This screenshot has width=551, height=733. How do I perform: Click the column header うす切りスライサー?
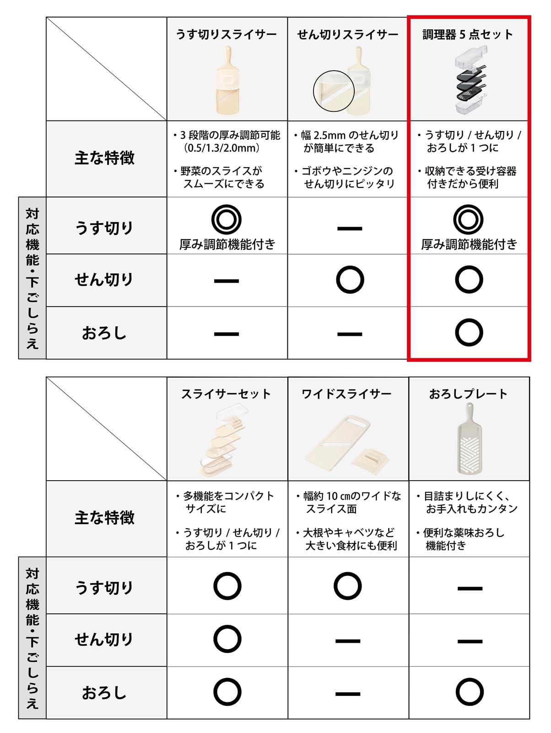[x=227, y=35]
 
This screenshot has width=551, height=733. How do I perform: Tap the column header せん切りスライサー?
[x=347, y=35]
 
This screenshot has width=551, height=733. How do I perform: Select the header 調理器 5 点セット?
[x=468, y=35]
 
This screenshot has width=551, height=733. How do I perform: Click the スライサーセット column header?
[x=226, y=394]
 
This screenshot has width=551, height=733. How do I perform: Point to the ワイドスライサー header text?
[x=346, y=394]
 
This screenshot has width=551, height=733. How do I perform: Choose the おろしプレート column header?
[x=468, y=394]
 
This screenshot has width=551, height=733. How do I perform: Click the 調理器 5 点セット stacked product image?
[x=471, y=81]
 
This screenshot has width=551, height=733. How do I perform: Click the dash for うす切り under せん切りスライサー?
[x=350, y=229]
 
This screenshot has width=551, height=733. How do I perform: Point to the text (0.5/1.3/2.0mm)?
[x=221, y=148]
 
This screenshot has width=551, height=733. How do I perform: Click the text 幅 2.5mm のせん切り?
[x=350, y=135]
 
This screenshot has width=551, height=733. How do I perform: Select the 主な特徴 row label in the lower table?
[x=105, y=518]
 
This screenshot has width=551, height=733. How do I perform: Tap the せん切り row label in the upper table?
[x=104, y=279]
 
